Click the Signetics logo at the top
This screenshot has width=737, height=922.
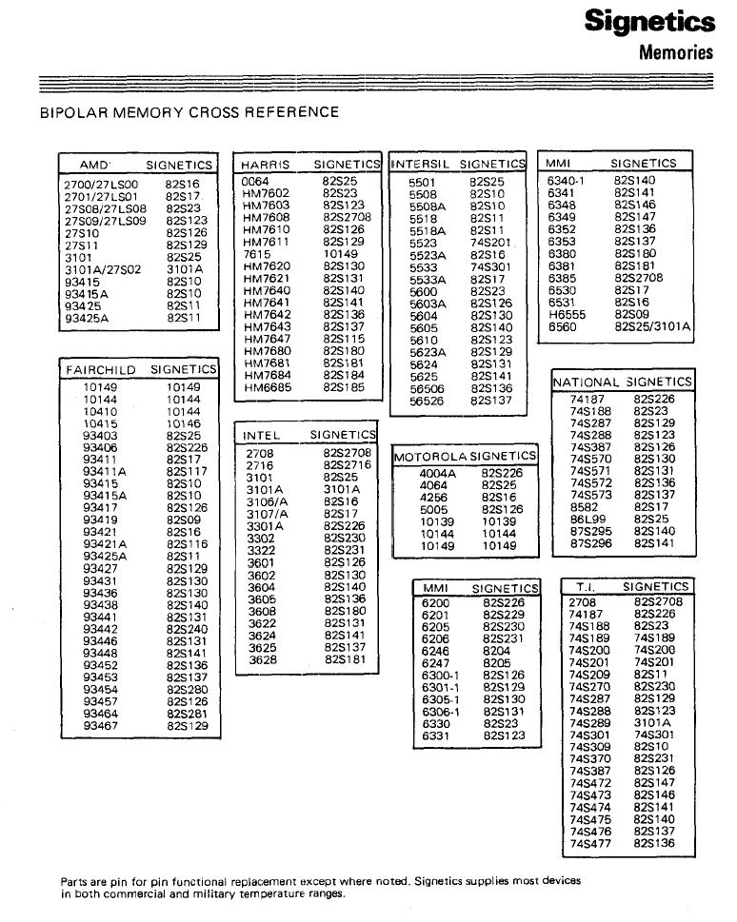pos(648,21)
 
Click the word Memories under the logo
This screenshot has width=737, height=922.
pos(675,51)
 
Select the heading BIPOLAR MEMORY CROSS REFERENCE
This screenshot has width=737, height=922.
pos(189,112)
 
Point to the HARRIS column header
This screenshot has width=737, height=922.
pos(266,165)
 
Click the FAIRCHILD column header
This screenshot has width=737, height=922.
pos(100,369)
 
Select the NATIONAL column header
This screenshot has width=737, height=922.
pos(587,382)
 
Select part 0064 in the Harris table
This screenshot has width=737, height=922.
pos(255,180)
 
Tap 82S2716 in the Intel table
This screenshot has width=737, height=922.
pos(346,464)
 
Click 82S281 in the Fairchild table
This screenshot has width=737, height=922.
pos(186,714)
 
